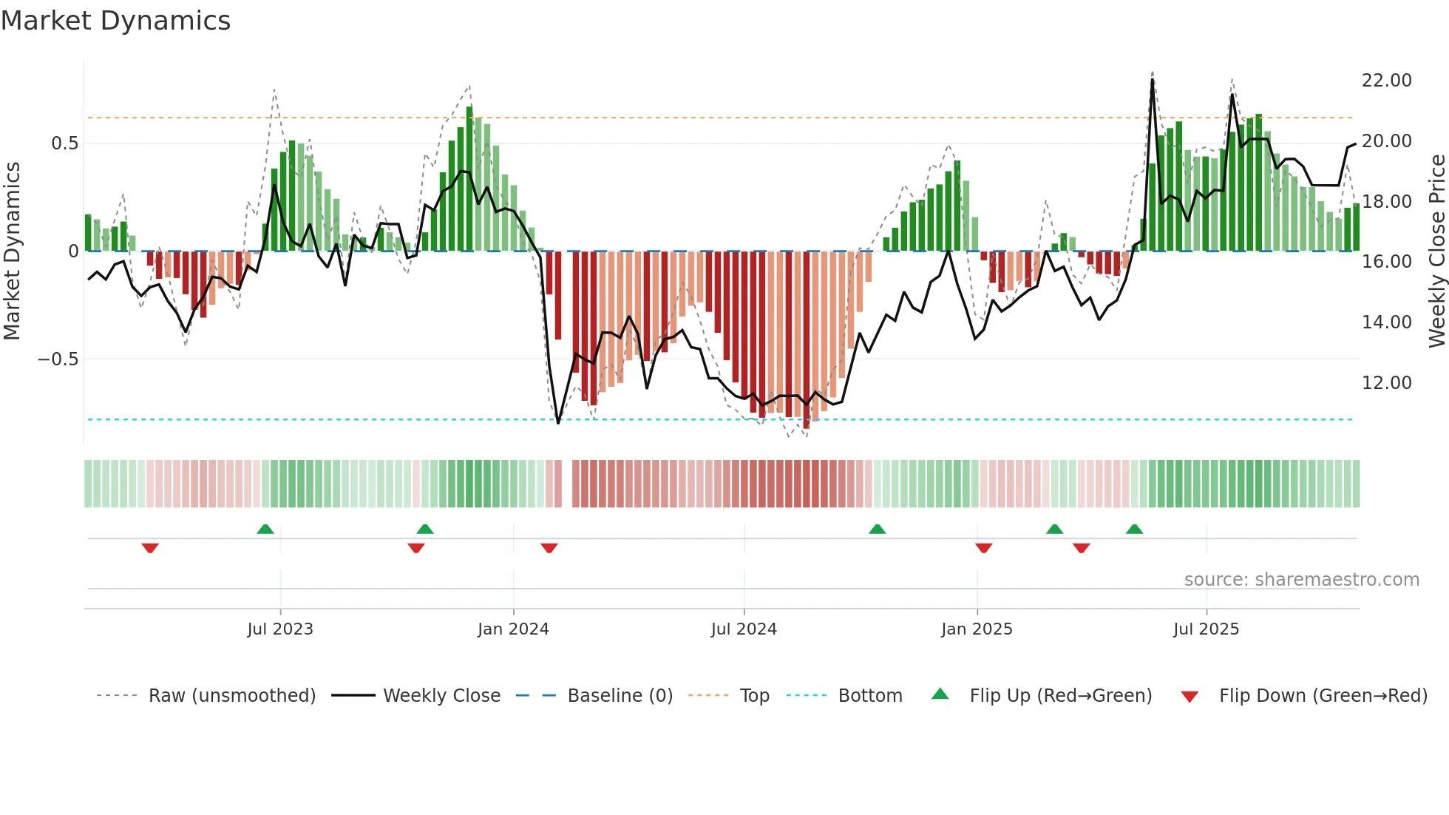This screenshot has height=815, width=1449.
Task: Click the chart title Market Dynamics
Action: [x=115, y=21]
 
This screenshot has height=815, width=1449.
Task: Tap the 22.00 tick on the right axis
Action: [x=1386, y=81]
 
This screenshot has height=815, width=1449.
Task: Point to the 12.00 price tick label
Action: [x=1386, y=383]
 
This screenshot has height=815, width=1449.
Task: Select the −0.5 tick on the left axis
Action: [x=58, y=359]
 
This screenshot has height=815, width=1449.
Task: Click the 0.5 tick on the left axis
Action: [x=64, y=143]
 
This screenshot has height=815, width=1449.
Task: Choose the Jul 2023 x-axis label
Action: [x=280, y=629]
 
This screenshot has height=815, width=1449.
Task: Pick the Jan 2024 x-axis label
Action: [x=513, y=629]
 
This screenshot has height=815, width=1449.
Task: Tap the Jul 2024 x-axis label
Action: [x=744, y=629]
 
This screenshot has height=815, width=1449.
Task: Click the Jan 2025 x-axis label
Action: [x=977, y=629]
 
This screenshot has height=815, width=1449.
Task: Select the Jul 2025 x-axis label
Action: [x=1206, y=629]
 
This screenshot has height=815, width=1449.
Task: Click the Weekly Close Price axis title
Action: [x=1436, y=251]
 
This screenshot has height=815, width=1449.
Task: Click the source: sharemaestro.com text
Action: [x=1301, y=580]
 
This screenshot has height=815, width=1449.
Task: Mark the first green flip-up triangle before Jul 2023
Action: [x=265, y=529]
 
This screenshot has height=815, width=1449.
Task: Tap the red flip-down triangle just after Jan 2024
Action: [x=549, y=548]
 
